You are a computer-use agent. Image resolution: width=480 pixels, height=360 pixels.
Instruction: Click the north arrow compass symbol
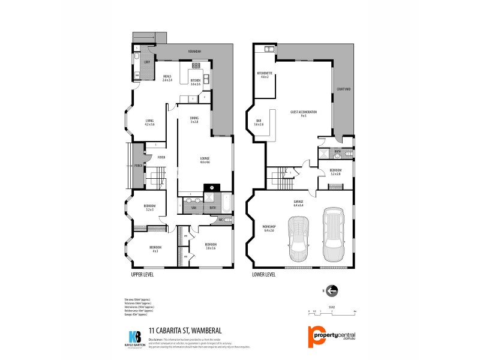tap(332, 291)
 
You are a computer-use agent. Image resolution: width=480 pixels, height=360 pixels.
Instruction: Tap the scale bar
tap(332, 312)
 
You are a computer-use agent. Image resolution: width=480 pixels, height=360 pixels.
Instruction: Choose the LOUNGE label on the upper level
tap(205, 160)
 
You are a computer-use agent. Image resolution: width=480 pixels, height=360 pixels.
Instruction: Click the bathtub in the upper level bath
tap(226, 202)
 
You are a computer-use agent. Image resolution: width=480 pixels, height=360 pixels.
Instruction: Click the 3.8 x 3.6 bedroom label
tap(210, 246)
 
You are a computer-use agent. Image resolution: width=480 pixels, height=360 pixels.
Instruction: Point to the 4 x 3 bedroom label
tap(155, 248)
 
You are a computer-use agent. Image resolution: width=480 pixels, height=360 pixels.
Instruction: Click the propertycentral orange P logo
tap(315, 337)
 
